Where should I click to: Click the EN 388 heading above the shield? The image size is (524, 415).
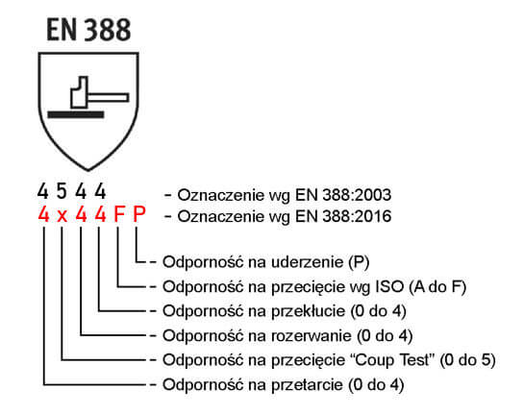(x=88, y=30)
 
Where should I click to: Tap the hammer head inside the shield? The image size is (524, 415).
(x=80, y=92)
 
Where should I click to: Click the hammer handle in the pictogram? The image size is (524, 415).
(x=109, y=97)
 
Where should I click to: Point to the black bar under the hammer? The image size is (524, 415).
(x=76, y=115)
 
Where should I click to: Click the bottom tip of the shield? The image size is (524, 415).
(x=88, y=170)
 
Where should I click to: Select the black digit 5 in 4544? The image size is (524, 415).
(x=62, y=191)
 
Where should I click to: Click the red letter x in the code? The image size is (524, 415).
(x=62, y=216)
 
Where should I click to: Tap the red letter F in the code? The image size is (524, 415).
(x=119, y=214)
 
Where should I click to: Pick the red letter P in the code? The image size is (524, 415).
(x=139, y=214)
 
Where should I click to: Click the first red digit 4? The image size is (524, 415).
(x=43, y=214)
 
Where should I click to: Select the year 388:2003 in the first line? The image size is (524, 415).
(x=357, y=195)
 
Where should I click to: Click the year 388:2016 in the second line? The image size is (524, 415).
(x=357, y=216)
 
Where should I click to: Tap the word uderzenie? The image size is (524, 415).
(x=307, y=262)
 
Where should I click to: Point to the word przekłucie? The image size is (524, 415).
(x=308, y=311)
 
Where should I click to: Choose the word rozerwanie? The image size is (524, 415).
(x=312, y=336)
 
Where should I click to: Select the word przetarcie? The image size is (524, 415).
(x=307, y=385)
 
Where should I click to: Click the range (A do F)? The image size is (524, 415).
(x=437, y=287)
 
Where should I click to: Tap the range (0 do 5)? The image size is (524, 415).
(x=467, y=360)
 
